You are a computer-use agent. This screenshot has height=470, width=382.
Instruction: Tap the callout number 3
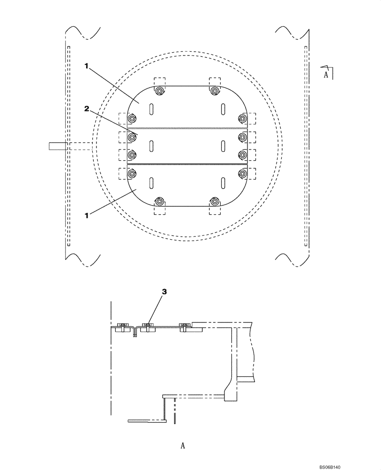tap(164, 292)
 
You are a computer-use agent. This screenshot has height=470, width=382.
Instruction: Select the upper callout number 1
tap(86, 67)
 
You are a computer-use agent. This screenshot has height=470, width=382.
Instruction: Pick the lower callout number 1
tap(86, 215)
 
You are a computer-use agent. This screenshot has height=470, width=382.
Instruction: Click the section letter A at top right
tap(325, 74)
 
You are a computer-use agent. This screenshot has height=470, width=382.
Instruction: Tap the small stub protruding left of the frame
tap(56, 146)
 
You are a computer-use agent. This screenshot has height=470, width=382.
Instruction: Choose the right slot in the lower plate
tap(222, 183)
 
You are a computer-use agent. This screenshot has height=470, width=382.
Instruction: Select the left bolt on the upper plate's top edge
tap(160, 91)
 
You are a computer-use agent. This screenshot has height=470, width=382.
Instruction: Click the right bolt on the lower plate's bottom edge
tap(215, 202)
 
